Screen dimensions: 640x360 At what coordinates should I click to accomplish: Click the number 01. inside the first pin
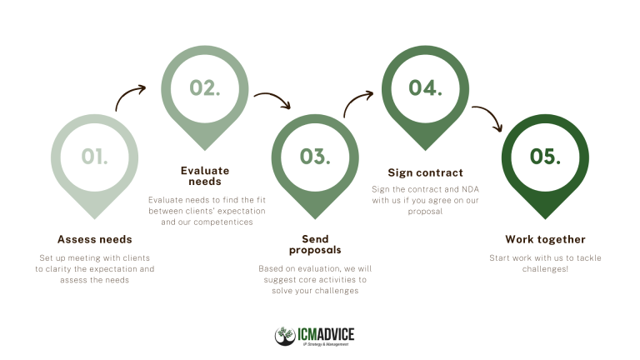pos(95,157)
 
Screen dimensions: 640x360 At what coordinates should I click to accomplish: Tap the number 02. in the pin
pos(205,87)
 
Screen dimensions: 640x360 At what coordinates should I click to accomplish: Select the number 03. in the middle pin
pos(315,157)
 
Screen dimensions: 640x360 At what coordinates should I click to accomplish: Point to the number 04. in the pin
pos(425,87)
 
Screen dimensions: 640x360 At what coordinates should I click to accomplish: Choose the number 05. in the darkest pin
pos(545,157)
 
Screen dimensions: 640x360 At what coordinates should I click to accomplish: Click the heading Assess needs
pos(95,239)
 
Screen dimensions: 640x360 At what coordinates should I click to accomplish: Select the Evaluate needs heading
pos(205,176)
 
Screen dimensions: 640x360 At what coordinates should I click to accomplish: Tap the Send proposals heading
pos(315,244)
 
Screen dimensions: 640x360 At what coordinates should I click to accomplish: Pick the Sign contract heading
pos(425,172)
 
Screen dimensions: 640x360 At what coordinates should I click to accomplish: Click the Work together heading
pos(545,239)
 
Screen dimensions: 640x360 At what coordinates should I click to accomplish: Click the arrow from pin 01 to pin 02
pos(126,93)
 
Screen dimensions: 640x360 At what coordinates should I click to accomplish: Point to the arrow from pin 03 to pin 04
pos(353,99)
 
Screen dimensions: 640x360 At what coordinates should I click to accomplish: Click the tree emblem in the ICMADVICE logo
pos(285,336)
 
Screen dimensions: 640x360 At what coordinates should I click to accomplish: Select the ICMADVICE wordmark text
pos(326,334)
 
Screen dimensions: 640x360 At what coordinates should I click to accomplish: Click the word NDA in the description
pos(470,189)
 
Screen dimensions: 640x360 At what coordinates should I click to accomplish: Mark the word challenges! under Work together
pos(545,269)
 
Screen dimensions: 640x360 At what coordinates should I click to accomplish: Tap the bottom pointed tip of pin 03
pos(315,219)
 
